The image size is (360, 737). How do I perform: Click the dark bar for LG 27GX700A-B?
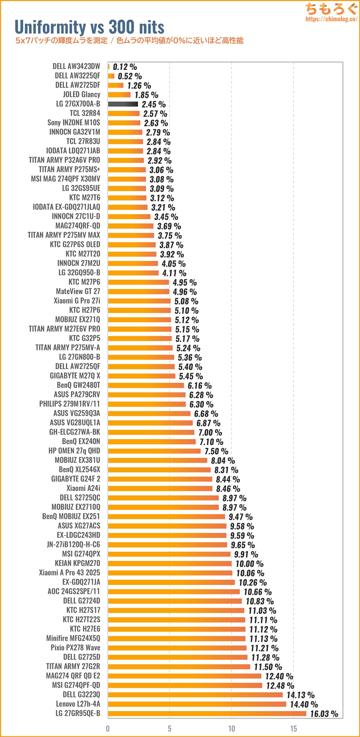tap(123, 104)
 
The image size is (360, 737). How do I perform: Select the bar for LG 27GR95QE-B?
tap(207, 713)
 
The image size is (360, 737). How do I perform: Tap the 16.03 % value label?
tap(324, 714)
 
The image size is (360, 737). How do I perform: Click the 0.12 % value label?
tap(125, 67)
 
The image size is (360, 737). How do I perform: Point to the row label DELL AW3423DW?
tap(76, 66)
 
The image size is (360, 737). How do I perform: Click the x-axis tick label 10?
tap(232, 728)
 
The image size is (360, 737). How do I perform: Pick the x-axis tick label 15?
tap(294, 728)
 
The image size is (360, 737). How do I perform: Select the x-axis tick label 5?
tap(170, 728)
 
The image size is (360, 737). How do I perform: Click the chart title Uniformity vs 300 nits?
tap(89, 27)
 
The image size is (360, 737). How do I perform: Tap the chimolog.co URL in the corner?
tap(331, 19)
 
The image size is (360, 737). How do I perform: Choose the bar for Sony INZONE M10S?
tap(124, 123)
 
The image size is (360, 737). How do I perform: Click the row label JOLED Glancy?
tap(82, 94)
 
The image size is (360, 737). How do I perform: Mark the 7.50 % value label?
tap(216, 451)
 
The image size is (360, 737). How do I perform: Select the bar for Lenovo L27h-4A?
tap(197, 704)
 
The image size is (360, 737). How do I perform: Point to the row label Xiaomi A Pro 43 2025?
tap(70, 573)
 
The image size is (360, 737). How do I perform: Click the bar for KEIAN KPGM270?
tap(170, 563)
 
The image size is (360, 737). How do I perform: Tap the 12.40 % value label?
tap(279, 676)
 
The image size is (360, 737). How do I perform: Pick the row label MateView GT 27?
tap(78, 292)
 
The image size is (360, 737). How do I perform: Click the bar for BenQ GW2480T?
tap(146, 385)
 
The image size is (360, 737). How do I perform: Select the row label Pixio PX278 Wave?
tap(76, 648)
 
